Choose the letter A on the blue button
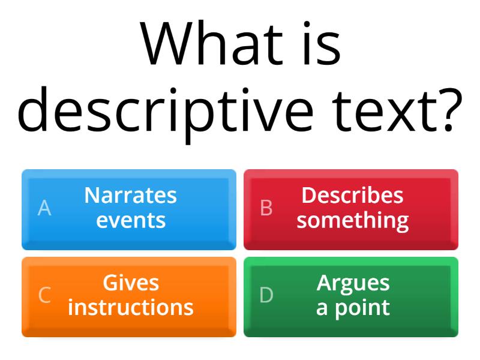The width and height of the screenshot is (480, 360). [x=44, y=208]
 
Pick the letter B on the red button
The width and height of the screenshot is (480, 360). [x=266, y=208]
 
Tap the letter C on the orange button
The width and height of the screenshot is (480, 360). [x=44, y=295]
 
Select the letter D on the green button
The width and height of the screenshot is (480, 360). [x=266, y=295]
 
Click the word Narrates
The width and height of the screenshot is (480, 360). [x=131, y=195]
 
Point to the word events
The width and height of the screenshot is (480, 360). [x=131, y=220]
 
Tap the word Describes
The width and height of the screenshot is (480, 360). [x=352, y=195]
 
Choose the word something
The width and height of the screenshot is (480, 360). [x=353, y=220]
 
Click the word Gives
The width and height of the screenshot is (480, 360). [x=131, y=283]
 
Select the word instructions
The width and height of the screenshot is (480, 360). [x=131, y=308]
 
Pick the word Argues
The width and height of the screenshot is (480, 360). [x=353, y=283]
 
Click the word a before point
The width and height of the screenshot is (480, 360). [x=322, y=308]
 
